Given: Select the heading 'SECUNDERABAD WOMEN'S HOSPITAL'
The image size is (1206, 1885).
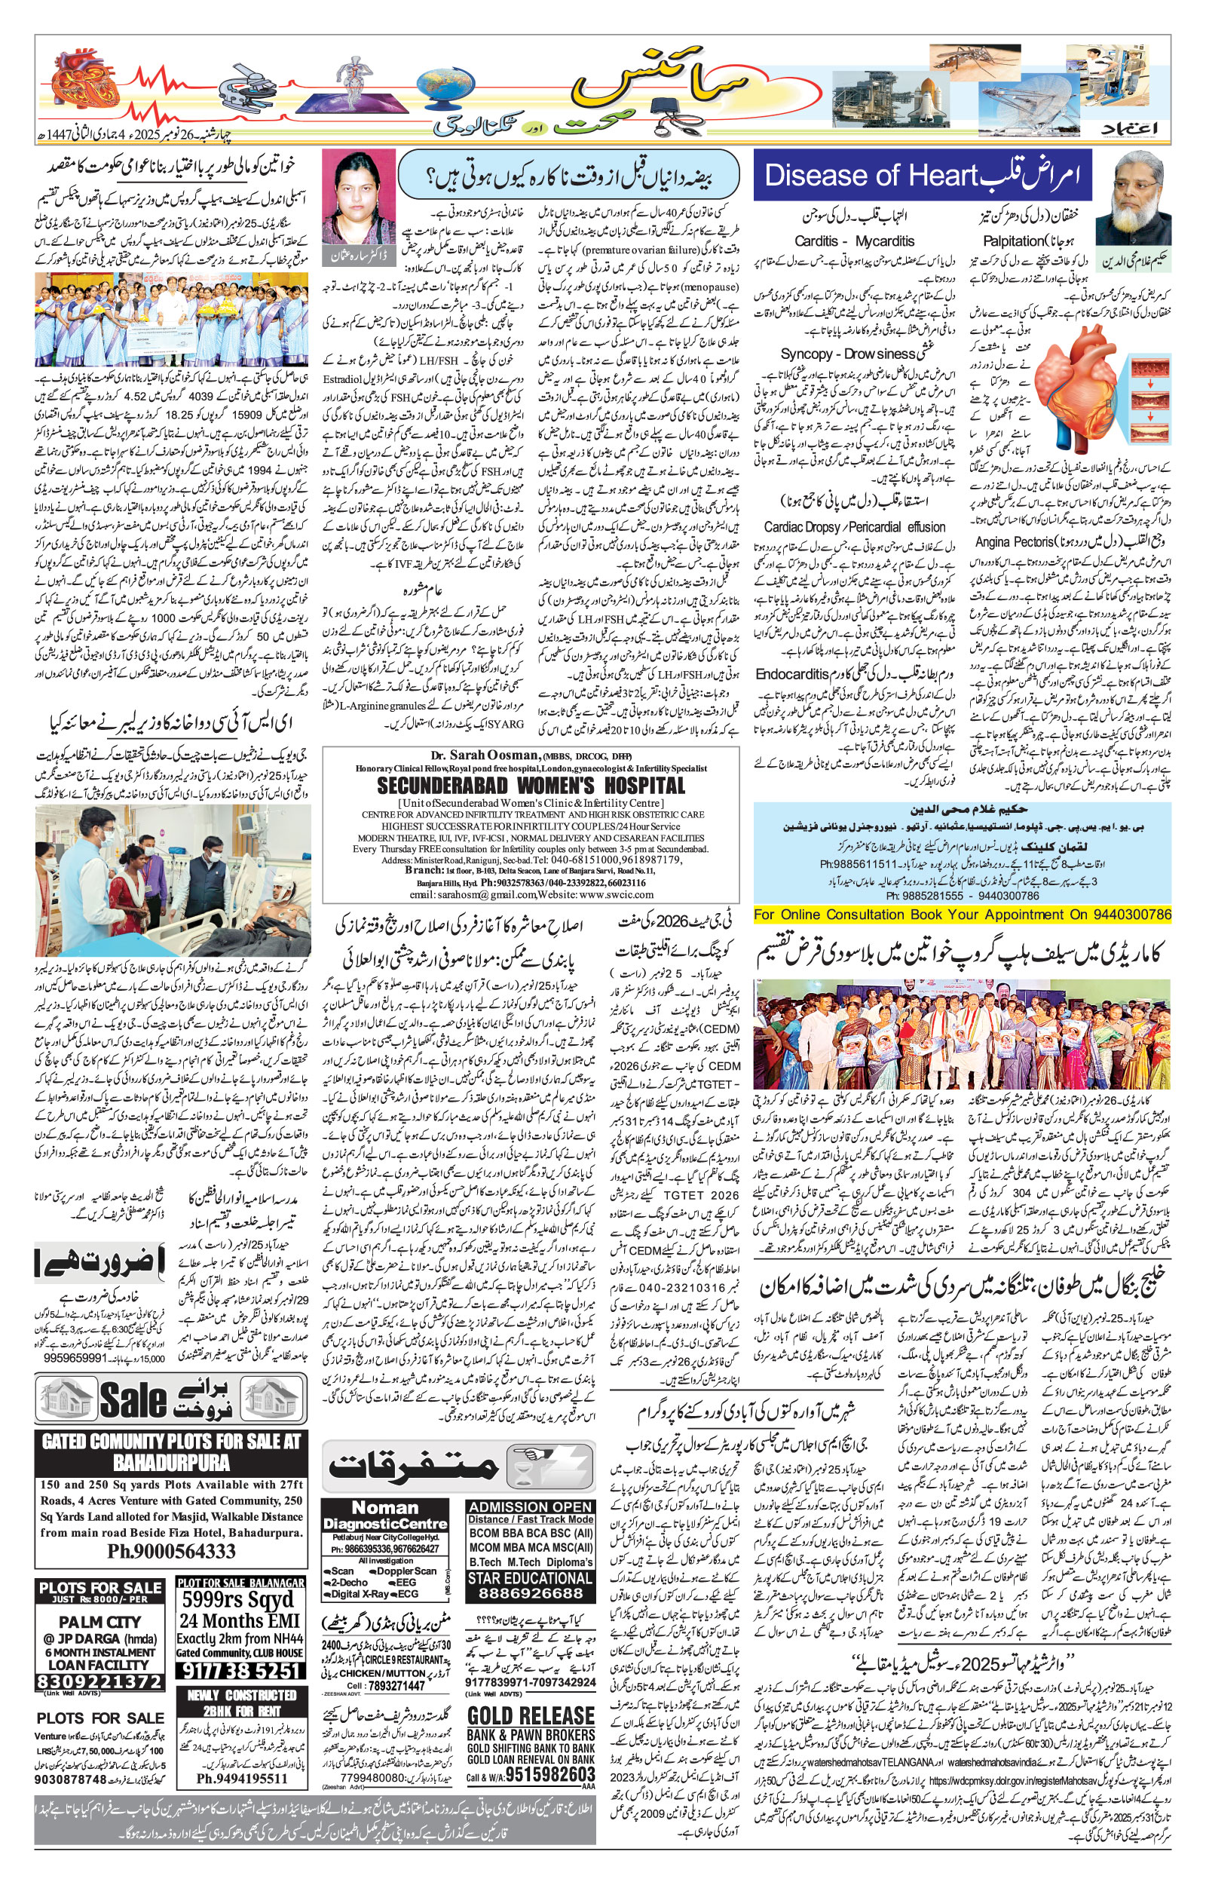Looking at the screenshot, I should tap(530, 786).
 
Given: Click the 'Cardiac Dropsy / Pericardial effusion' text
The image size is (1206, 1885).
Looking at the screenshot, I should tap(855, 527).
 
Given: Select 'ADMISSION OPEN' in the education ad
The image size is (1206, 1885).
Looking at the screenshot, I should tap(529, 1506).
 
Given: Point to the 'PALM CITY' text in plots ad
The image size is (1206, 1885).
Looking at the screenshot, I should tap(99, 1621).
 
